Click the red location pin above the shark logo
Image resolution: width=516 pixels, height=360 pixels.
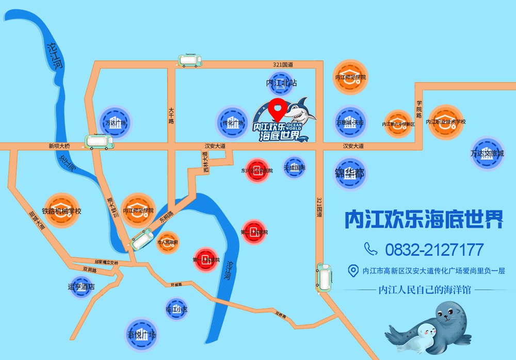click(280, 106)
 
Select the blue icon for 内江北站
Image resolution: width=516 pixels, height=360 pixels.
click(282, 84)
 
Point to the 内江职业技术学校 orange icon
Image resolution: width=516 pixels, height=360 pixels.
click(445, 122)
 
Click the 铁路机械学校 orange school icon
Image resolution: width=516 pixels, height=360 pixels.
click(61, 210)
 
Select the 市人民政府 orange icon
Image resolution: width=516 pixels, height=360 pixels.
click(167, 242)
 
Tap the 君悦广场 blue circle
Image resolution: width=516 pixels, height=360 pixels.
click(141, 335)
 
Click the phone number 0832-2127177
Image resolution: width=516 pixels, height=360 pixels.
click(434, 250)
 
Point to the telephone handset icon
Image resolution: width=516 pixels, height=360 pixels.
click(370, 249)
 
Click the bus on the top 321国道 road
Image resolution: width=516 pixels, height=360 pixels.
click(190, 61)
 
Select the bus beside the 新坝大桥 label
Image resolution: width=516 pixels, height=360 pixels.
click(99, 141)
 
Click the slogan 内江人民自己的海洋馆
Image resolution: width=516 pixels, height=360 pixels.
click(425, 290)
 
